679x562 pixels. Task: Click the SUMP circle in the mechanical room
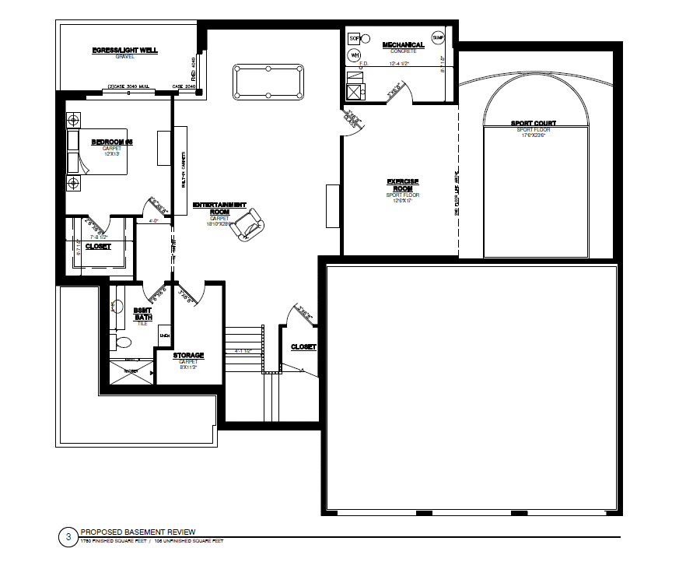pos(438,37)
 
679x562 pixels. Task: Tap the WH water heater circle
pos(354,55)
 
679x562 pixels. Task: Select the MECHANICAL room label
pos(403,45)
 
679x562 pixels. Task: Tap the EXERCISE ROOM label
pos(403,185)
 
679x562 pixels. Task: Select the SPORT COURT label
pos(533,123)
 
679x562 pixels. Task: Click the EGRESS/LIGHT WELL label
pos(124,51)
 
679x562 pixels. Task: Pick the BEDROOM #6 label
pos(113,142)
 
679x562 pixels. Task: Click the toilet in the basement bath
pos(121,342)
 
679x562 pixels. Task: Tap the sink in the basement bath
pos(116,306)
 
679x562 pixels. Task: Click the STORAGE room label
pos(188,356)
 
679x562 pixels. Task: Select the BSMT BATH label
pos(142,313)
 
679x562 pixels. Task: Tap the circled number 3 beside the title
pos(68,536)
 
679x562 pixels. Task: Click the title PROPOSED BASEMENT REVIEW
pos(138,531)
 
